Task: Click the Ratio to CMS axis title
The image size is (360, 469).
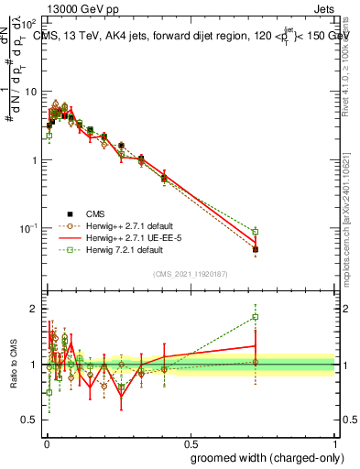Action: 12,365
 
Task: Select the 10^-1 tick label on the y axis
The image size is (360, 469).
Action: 29,227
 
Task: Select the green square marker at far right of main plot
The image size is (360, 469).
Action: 256,232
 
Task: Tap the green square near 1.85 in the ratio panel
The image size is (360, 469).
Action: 256,317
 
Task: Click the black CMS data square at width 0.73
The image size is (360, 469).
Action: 256,249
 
